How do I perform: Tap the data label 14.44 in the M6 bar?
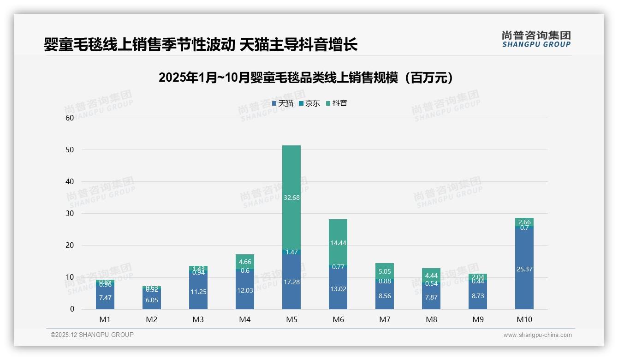(338, 243)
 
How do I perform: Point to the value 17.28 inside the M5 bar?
(291, 282)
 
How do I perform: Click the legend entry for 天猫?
(283, 103)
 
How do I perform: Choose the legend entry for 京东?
(309, 103)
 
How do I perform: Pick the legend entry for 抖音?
(337, 103)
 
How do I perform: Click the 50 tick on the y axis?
(70, 150)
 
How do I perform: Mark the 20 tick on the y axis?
(70, 246)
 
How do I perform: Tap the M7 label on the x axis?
(385, 319)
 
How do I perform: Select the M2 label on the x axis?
(152, 319)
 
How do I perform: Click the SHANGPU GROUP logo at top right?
(536, 39)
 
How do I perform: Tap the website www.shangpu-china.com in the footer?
(537, 335)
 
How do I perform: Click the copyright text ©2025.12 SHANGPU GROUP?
(92, 335)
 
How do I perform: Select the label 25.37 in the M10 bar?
(524, 269)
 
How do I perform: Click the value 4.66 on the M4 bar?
(245, 262)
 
